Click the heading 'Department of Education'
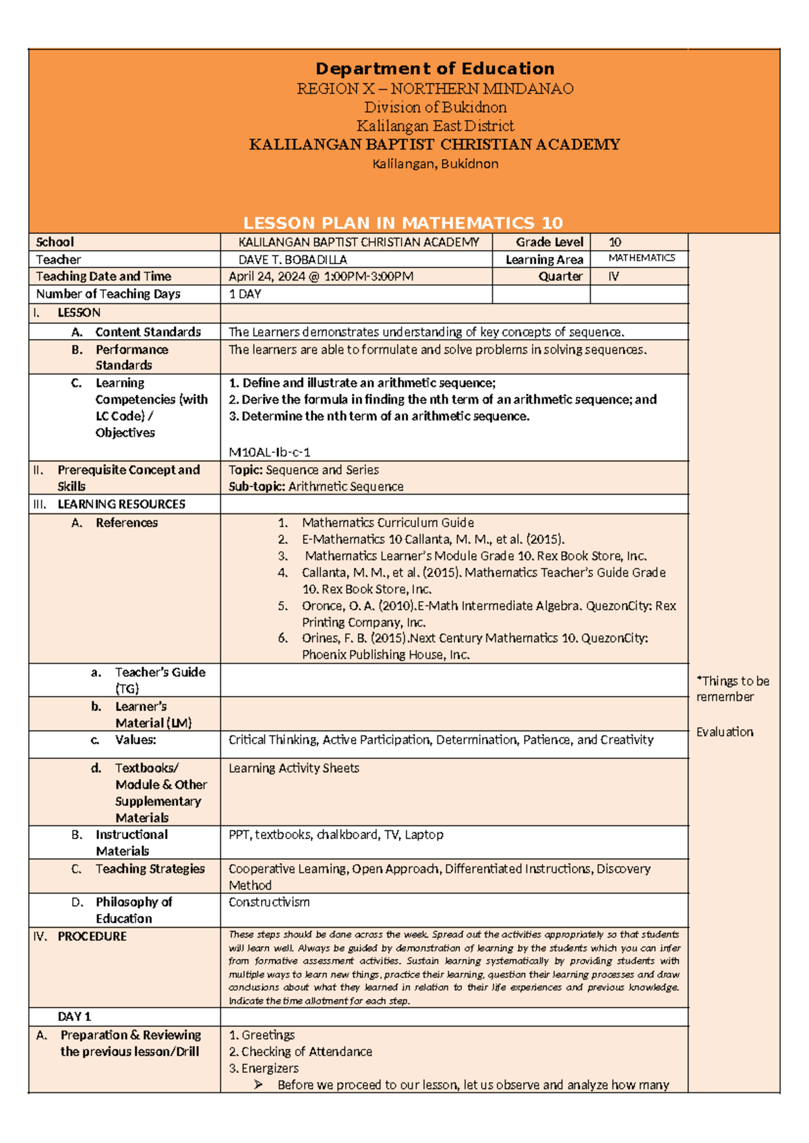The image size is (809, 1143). click(435, 69)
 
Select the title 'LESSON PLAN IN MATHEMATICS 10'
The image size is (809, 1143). click(403, 223)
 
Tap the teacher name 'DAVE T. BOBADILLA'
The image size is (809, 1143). click(293, 259)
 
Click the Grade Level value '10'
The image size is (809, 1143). click(615, 242)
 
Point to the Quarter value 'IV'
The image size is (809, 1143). click(613, 276)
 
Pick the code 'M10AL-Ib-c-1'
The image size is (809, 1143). click(270, 452)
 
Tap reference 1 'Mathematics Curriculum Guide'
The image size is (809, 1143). click(388, 522)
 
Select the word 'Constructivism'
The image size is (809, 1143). click(269, 902)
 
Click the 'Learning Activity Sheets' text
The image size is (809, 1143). click(294, 768)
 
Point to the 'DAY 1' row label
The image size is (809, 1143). click(74, 1016)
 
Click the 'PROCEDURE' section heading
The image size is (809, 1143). click(92, 936)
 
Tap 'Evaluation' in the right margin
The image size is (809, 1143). click(725, 732)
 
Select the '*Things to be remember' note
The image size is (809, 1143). click(732, 689)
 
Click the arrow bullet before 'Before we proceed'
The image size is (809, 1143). click(258, 1084)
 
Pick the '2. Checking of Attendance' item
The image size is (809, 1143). click(300, 1051)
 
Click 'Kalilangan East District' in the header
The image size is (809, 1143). click(435, 126)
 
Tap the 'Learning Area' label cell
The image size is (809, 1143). click(544, 259)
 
